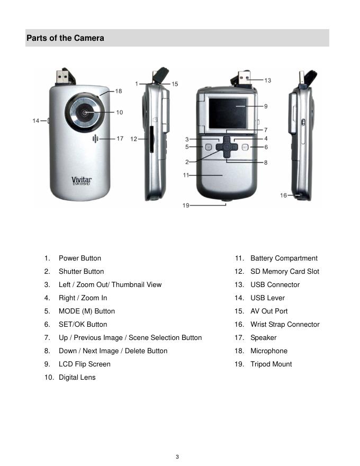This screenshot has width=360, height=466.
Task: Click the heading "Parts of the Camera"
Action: pyautogui.click(x=65, y=38)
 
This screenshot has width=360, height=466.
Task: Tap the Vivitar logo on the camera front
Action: pyautogui.click(x=82, y=181)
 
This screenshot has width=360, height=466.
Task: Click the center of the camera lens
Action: pyautogui.click(x=85, y=113)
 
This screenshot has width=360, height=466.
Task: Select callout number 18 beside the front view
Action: pyautogui.click(x=119, y=91)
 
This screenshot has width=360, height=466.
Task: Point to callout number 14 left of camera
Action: pyautogui.click(x=36, y=121)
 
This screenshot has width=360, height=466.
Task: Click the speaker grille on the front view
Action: pyautogui.click(x=95, y=139)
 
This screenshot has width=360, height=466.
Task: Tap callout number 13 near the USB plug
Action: pyautogui.click(x=268, y=80)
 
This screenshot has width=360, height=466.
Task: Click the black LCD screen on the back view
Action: pyautogui.click(x=228, y=113)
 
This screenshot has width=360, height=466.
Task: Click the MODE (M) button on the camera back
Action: pyautogui.click(x=208, y=147)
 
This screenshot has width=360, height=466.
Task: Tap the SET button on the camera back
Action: pyautogui.click(x=245, y=147)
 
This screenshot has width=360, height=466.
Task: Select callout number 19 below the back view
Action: pyautogui.click(x=186, y=205)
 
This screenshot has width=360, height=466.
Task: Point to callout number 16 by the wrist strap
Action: pyautogui.click(x=283, y=195)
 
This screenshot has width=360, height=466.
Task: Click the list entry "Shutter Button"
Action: pyautogui.click(x=82, y=271)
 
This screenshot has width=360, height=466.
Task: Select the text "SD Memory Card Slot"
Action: pyautogui.click(x=285, y=271)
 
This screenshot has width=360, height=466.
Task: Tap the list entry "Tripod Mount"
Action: pyautogui.click(x=271, y=364)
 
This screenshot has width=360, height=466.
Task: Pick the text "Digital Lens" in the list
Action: pyautogui.click(x=77, y=378)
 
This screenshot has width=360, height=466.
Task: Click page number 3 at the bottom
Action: pyautogui.click(x=177, y=457)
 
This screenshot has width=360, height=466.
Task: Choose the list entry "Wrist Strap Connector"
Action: pyautogui.click(x=285, y=324)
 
